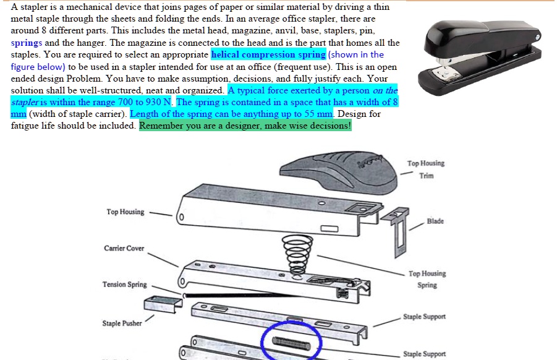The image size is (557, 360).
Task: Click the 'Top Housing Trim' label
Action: point(426,169)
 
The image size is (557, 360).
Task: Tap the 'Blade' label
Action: point(435,221)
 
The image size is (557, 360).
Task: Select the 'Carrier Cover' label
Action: point(124,249)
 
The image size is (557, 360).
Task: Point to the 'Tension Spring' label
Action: point(124,285)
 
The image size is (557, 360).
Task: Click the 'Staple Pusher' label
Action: point(122,324)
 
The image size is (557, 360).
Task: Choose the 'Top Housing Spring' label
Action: point(427,279)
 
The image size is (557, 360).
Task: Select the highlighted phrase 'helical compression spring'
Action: point(268,55)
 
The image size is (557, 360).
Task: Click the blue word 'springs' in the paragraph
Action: point(27,43)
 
